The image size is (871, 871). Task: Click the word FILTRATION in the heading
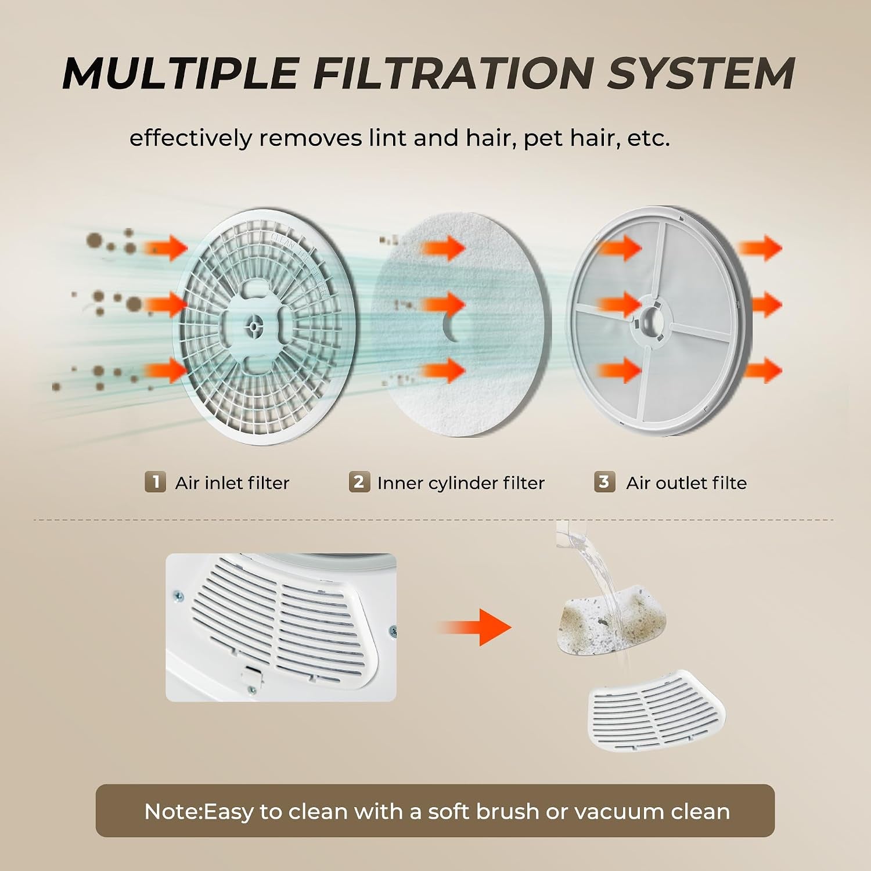coord(453,73)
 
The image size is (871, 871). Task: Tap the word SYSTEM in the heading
coord(701,73)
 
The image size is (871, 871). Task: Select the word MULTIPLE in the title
coord(181,73)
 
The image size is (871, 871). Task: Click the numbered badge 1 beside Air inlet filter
coord(155,482)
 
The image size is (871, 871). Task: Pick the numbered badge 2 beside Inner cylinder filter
coord(359,482)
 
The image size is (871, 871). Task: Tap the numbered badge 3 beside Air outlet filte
coord(604,482)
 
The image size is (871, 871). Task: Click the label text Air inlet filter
coord(232,483)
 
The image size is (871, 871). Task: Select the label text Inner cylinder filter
coord(461,483)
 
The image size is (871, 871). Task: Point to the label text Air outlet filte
coord(686,483)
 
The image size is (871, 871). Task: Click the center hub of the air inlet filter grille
coord(254,326)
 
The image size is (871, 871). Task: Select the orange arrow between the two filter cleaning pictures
coord(475,627)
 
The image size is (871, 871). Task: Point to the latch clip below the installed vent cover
coord(250,674)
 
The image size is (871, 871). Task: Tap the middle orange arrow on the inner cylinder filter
coord(443,304)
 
